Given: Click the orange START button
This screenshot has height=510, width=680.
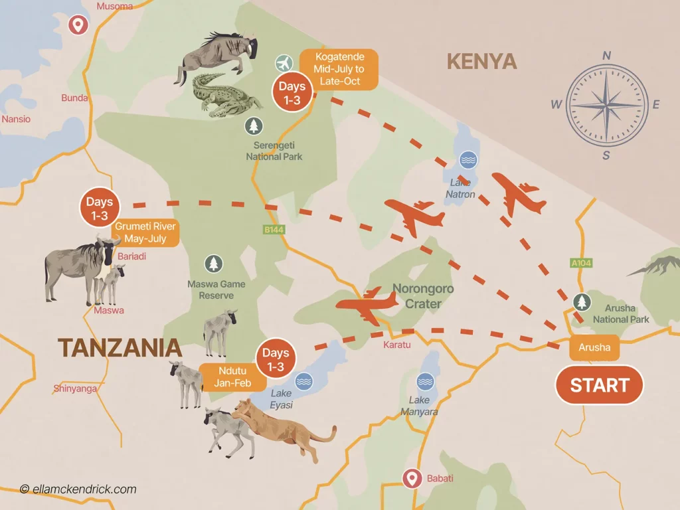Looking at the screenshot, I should [599, 385].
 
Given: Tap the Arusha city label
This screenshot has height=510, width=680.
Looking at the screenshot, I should [594, 347].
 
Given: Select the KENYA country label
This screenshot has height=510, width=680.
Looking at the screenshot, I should [481, 62].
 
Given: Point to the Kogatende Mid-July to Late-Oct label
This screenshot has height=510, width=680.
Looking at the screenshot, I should [339, 70].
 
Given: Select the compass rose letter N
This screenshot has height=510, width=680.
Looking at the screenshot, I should [606, 56].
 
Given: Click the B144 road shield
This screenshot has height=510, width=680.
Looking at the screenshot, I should [274, 230].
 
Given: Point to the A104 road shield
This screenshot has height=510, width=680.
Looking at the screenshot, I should [581, 264].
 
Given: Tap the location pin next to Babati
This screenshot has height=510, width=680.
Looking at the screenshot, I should [412, 477].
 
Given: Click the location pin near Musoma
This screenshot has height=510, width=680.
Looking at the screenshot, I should [79, 25].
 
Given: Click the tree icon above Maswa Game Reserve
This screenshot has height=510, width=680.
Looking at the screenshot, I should [213, 264].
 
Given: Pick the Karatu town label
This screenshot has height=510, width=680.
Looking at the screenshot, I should [397, 345].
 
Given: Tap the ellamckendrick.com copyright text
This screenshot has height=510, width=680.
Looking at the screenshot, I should [78, 489].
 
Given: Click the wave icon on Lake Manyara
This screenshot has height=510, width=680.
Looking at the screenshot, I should [424, 381].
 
